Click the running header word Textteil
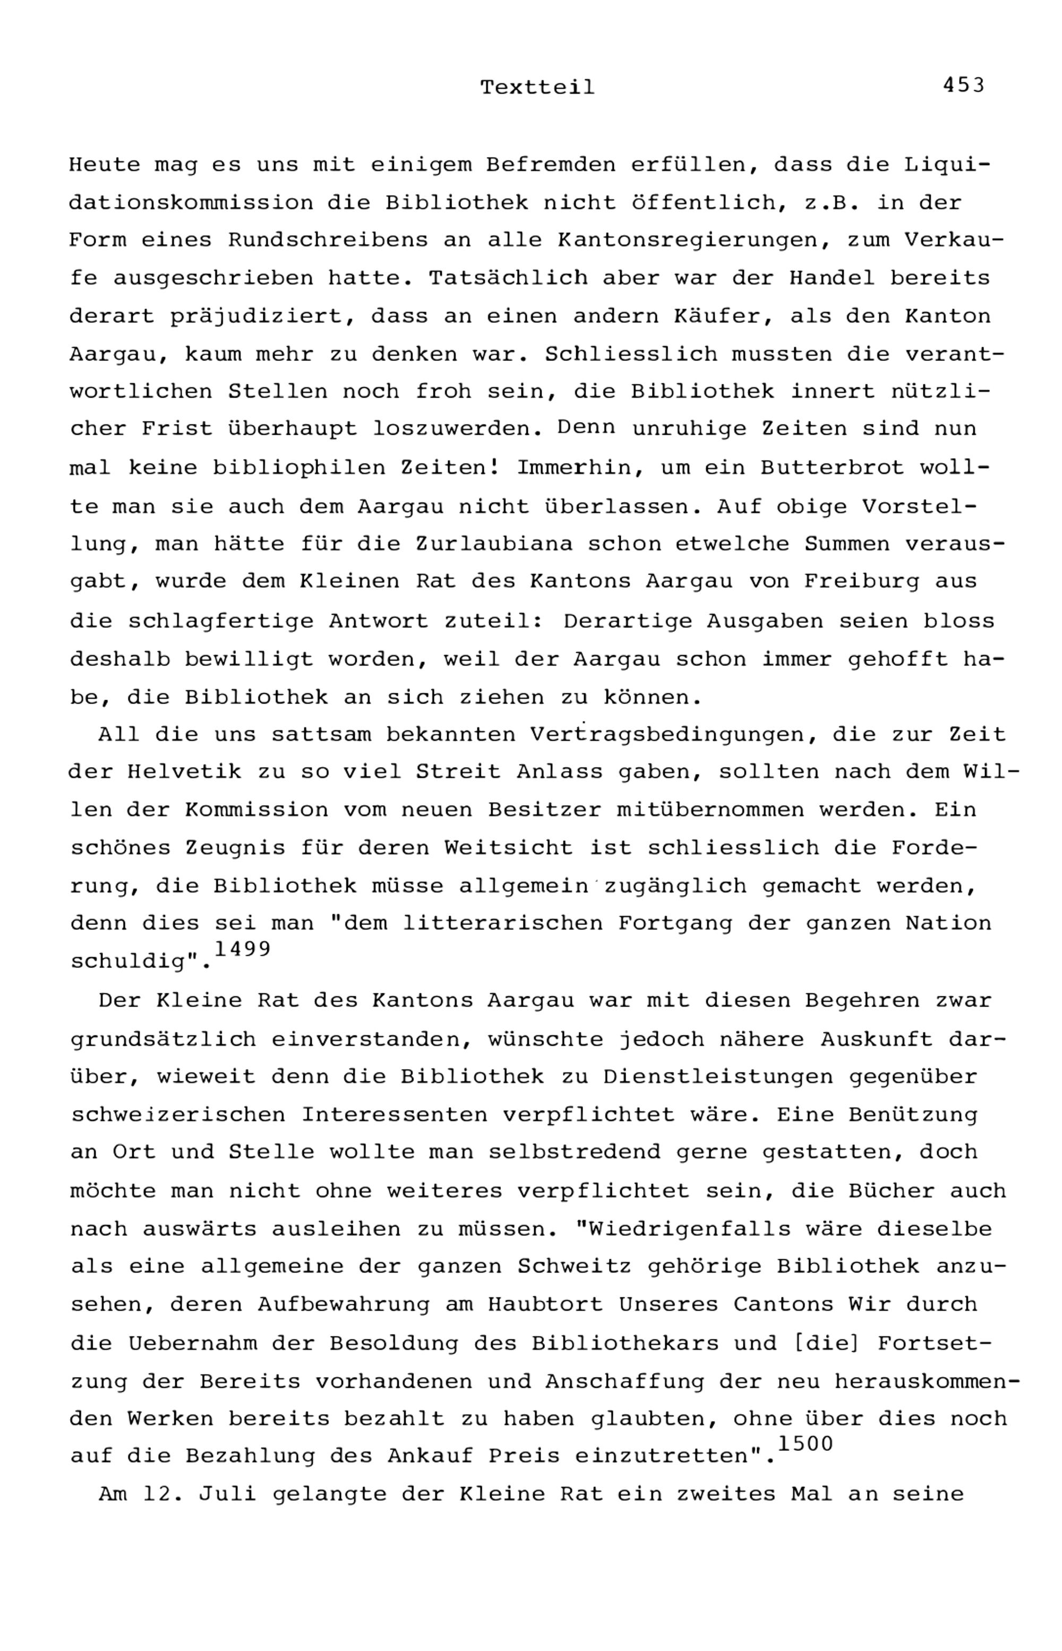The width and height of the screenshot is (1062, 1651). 537,88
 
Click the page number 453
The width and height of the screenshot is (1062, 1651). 963,85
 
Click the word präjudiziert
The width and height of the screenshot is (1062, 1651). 263,317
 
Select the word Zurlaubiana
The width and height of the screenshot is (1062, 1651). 493,544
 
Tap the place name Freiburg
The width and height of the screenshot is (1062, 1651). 861,581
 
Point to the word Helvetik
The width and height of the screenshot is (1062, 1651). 184,771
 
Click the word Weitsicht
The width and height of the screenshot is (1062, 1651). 508,847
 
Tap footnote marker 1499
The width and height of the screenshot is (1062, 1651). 242,949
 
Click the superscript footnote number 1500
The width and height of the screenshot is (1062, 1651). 805,1443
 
